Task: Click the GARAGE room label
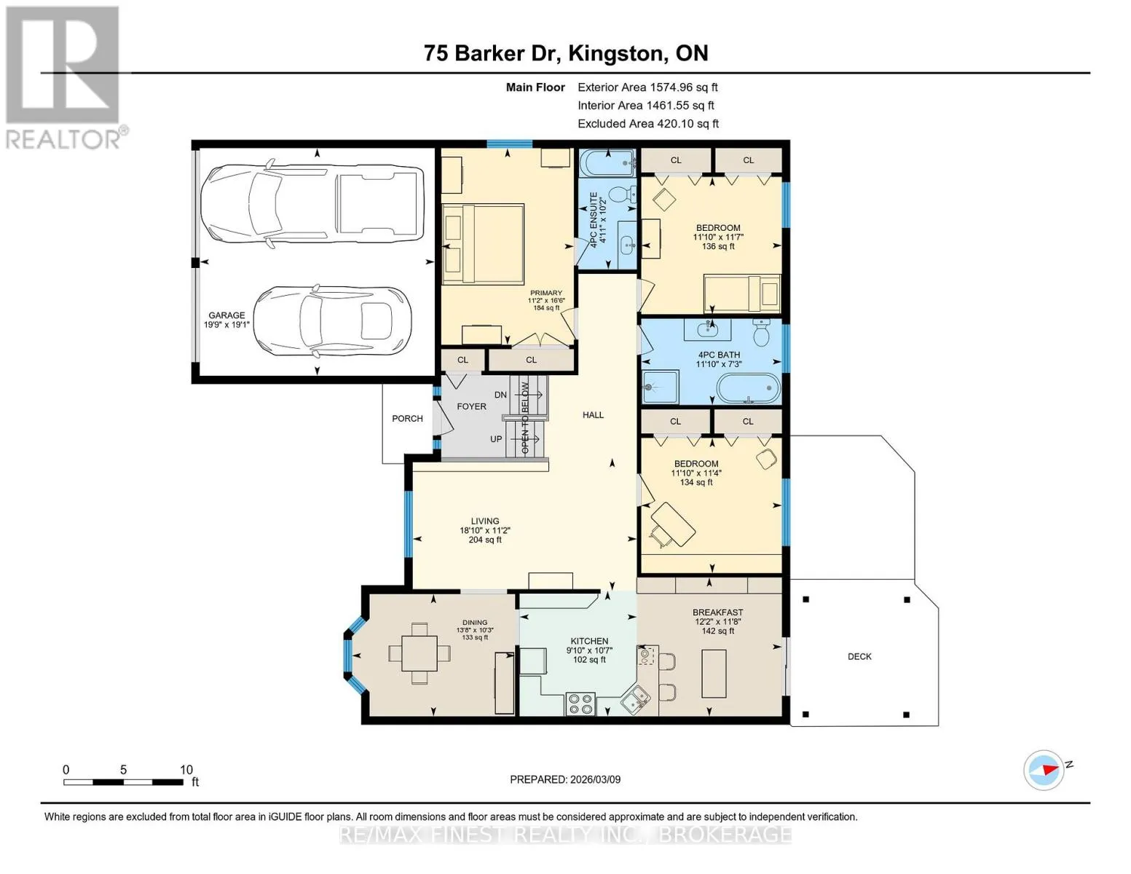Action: pos(226,315)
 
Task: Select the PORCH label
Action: pos(407,419)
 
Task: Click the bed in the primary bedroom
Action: pos(483,243)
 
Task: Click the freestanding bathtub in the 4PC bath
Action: pos(749,388)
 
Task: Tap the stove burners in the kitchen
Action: pos(581,704)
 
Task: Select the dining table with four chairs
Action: pos(419,653)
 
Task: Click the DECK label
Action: pos(859,657)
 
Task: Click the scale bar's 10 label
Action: pos(186,769)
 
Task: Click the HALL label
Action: pos(593,415)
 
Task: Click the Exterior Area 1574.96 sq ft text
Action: pos(647,87)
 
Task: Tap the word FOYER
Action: pos(472,406)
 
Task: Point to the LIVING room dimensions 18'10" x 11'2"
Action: pos(484,530)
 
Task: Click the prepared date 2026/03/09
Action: pos(596,779)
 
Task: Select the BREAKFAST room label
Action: pos(718,613)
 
